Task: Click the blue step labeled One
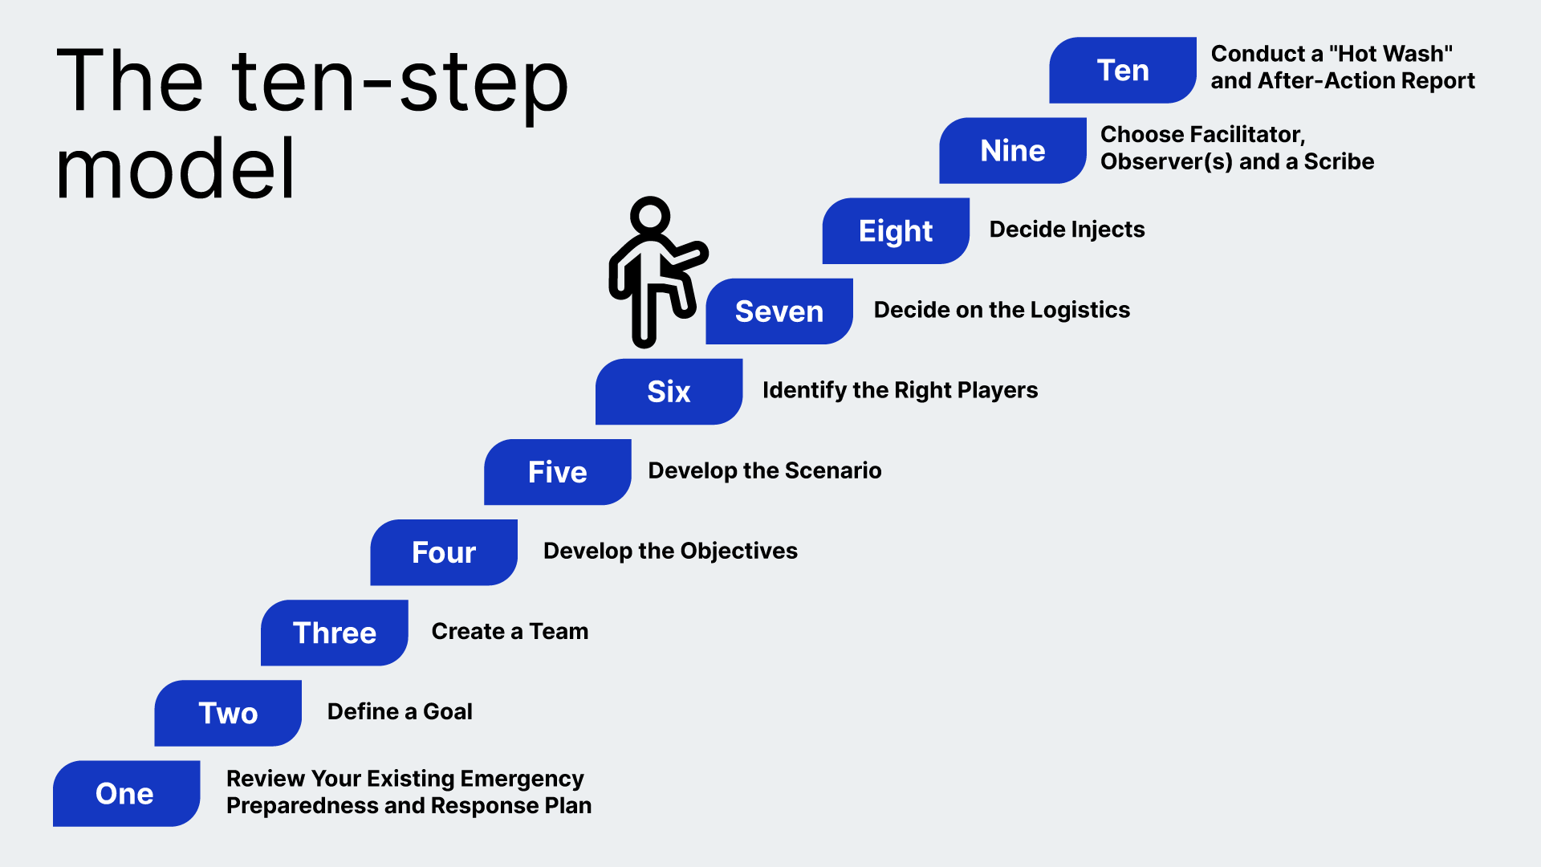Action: (126, 793)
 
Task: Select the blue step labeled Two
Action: (228, 713)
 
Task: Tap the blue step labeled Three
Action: (334, 633)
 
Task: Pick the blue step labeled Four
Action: (443, 552)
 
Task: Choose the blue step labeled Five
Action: (557, 472)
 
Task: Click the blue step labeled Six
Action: (669, 392)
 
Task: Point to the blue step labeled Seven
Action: (779, 311)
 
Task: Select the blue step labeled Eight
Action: (896, 231)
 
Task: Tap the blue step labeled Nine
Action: (1012, 151)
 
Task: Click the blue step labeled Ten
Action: (1122, 71)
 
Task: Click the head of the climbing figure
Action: (650, 215)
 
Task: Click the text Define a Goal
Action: (400, 711)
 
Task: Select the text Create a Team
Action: (510, 631)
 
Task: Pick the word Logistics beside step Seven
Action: (1080, 310)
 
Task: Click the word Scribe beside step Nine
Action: (1339, 161)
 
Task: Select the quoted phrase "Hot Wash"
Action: (1391, 54)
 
